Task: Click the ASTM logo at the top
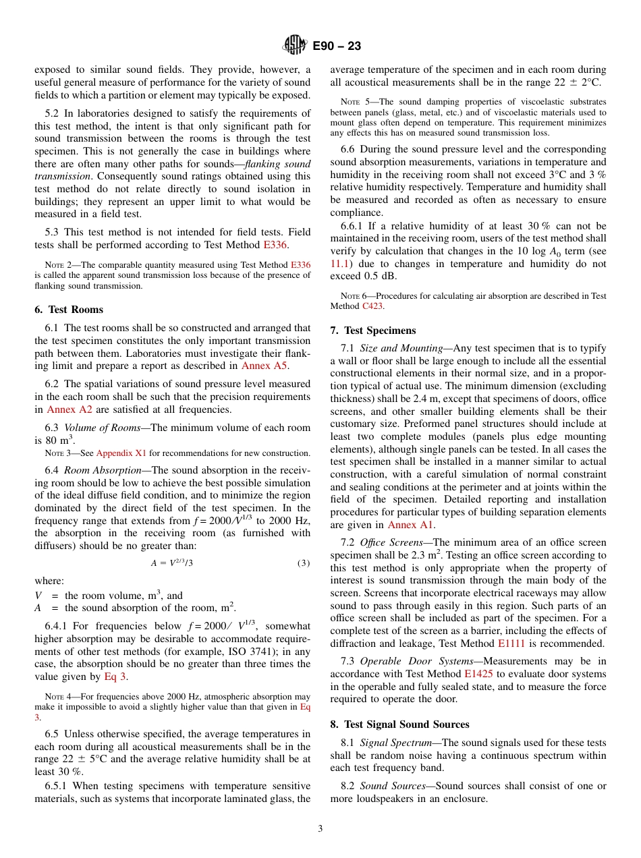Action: pyautogui.click(x=295, y=46)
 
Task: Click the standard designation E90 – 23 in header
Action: pyautogui.click(x=337, y=46)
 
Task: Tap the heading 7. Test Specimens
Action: pyautogui.click(x=372, y=331)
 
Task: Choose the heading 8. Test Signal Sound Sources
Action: pyautogui.click(x=399, y=724)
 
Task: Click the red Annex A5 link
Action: pyautogui.click(x=264, y=366)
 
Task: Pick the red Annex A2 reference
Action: pyautogui.click(x=69, y=409)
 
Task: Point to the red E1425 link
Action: pyautogui.click(x=478, y=674)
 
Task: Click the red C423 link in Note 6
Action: pyautogui.click(x=372, y=306)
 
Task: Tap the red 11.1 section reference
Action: pyautogui.click(x=340, y=264)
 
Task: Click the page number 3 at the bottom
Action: pyautogui.click(x=320, y=829)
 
